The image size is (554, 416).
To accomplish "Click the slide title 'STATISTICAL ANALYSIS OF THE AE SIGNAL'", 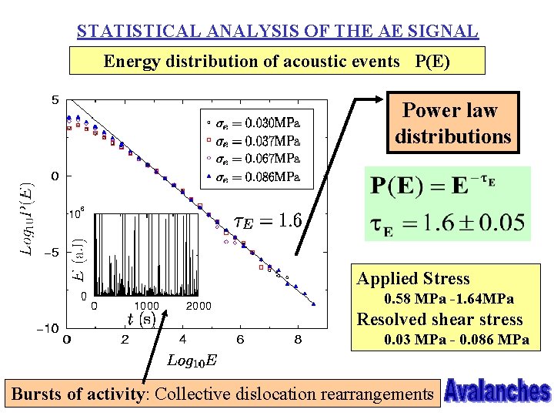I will pos(277,32).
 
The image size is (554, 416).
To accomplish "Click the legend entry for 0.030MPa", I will pos(254,122).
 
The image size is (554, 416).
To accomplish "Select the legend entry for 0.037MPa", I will pos(254,140).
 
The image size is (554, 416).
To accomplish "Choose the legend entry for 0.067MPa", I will pos(254,159).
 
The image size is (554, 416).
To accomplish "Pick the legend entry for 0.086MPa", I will pos(254,177).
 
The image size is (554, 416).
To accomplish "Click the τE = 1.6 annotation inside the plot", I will pos(267,222).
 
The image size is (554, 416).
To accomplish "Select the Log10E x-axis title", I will pos(192,360).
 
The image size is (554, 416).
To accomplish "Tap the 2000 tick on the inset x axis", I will pos(199,306).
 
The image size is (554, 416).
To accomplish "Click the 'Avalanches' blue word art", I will pos(497,391).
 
